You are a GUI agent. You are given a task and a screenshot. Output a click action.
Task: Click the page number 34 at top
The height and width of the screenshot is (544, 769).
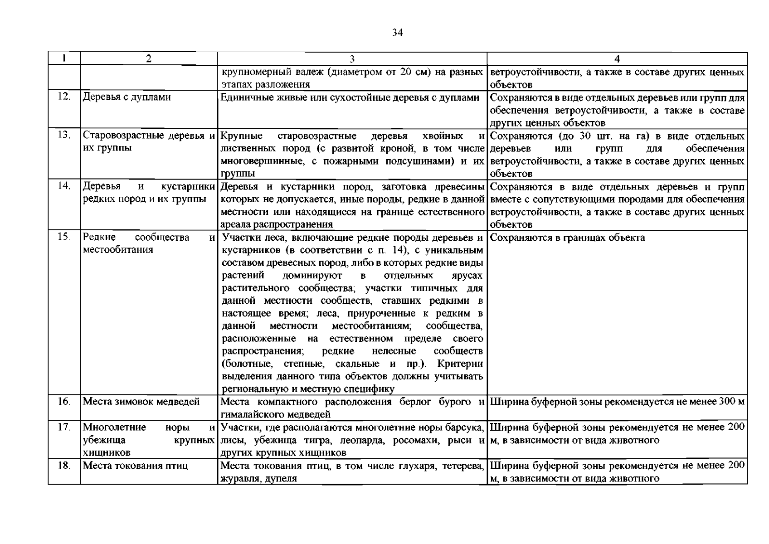point(398,33)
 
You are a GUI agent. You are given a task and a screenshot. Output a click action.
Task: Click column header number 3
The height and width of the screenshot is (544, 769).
point(352,58)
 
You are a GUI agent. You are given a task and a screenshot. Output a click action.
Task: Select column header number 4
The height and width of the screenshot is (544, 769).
point(617,58)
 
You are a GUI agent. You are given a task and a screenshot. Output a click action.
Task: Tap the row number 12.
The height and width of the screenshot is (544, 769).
point(64,97)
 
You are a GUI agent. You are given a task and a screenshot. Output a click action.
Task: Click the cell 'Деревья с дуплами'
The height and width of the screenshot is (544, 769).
point(127,97)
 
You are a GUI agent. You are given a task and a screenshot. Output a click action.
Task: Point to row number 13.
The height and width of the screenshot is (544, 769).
point(64,135)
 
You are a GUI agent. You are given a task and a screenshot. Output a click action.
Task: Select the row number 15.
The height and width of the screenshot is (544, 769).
point(64,237)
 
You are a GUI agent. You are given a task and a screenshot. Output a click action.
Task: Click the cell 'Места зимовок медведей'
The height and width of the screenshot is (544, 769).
point(141,402)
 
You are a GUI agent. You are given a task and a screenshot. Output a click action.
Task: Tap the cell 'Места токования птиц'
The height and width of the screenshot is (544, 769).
point(135,466)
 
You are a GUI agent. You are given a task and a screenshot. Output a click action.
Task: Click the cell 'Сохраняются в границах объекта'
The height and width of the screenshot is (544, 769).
point(567,238)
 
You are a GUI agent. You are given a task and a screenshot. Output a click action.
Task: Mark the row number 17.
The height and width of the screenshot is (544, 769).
point(64,427)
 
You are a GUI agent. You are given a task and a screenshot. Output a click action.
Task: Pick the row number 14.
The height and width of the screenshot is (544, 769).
point(64,186)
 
